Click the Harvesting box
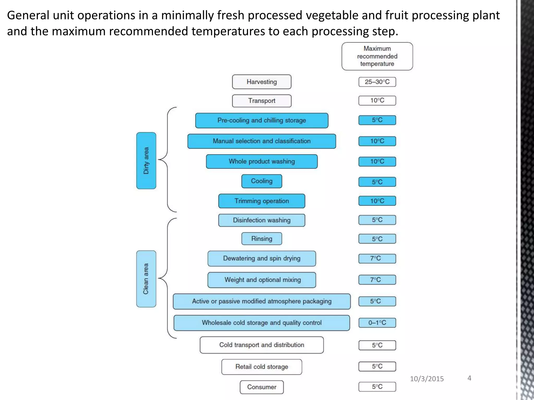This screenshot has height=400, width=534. coord(262,82)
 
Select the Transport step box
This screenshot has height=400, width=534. coord(262,101)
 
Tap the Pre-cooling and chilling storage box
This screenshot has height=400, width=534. coord(262,120)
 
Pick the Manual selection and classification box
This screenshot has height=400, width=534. coord(262,141)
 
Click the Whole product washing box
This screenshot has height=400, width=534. coord(262,161)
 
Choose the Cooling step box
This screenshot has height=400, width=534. coord(262,181)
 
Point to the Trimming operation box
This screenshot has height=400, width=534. coord(262,201)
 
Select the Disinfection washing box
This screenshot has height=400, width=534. coord(262,220)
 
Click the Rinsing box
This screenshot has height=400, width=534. coord(262,239)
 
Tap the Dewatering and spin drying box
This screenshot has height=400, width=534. coord(262,258)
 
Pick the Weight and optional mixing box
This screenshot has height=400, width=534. coord(262,280)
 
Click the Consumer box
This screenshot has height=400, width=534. coord(262,387)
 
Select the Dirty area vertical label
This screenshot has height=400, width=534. coord(146,161)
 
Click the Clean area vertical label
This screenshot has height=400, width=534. coord(146,279)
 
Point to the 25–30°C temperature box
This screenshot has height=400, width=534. coord(377,82)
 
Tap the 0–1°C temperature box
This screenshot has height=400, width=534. coord(377,323)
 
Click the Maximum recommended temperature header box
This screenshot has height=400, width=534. coord(377,56)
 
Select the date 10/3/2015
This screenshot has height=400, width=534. coord(427,379)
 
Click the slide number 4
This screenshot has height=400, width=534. coord(469,378)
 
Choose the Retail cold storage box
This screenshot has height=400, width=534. coord(262,367)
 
